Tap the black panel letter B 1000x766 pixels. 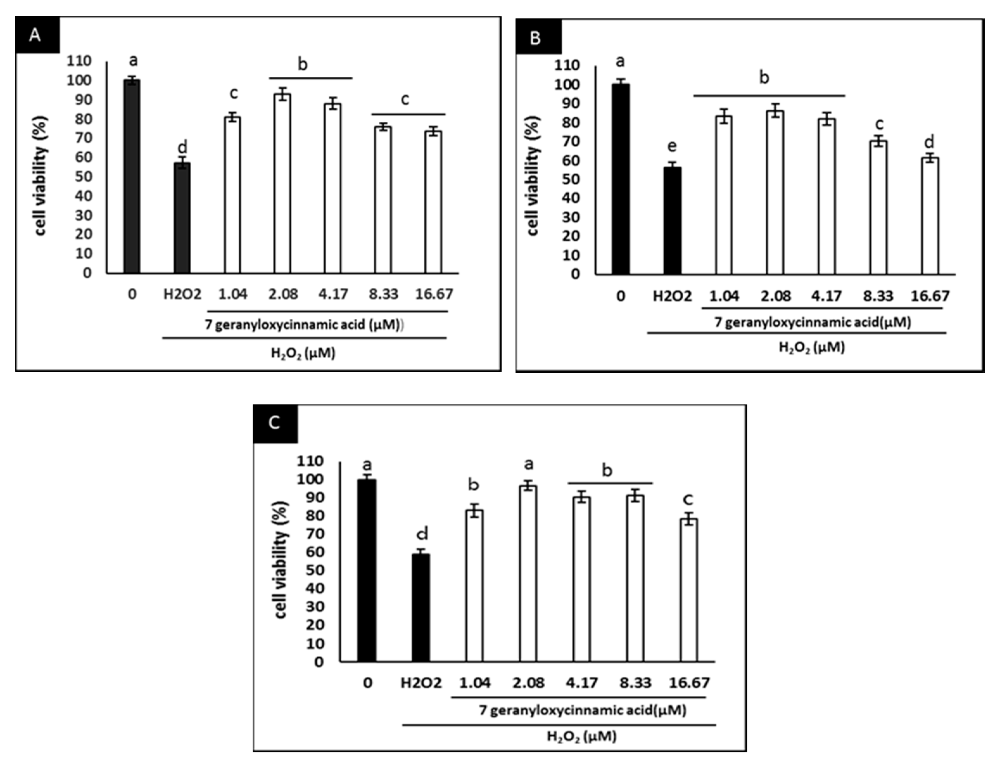(535, 37)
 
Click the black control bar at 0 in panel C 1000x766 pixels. (367, 570)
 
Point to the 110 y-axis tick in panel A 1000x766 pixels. (79, 61)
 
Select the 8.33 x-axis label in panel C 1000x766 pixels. (635, 683)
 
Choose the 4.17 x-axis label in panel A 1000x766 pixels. (333, 294)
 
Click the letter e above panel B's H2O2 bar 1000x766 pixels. (672, 146)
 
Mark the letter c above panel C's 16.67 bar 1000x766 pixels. (688, 499)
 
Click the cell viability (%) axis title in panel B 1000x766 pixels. (533, 176)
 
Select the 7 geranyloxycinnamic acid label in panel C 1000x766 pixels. (583, 710)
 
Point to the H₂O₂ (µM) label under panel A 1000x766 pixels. (303, 353)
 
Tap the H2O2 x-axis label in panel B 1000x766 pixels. (672, 297)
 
